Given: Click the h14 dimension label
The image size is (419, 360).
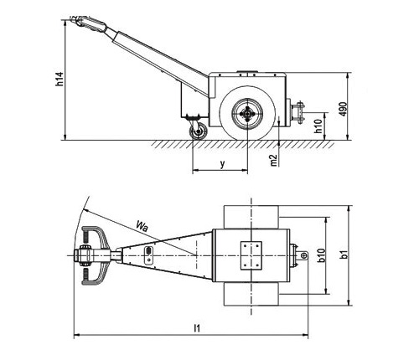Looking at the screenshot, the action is pos(59,79).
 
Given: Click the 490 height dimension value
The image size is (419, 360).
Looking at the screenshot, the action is pos(344,109).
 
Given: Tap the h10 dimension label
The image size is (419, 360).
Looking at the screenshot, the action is pos(318,126).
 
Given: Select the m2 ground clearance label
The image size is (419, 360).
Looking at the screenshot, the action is pos(274,160).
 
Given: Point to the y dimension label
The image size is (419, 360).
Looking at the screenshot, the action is pos(222,164).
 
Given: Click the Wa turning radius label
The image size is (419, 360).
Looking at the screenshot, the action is pos(142,226).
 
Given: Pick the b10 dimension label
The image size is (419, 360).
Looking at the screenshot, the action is pos(322,255).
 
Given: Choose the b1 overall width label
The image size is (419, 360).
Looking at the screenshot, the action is pos(344,255).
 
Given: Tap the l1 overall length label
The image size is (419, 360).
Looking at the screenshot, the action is pos(197,328).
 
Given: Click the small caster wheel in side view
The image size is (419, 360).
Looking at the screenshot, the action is pos(199,131).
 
